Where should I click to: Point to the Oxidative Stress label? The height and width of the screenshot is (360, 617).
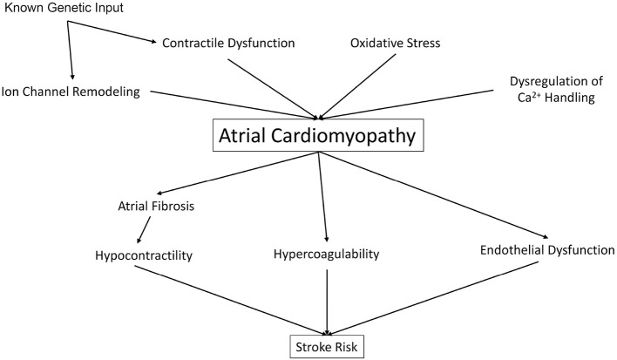point(395,42)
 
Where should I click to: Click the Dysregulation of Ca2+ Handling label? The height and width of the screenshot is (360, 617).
point(552,91)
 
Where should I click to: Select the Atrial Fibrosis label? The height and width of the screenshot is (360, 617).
point(153,207)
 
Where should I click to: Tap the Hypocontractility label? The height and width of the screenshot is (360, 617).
point(145,257)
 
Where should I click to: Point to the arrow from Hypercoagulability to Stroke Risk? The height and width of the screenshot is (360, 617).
point(327,302)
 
